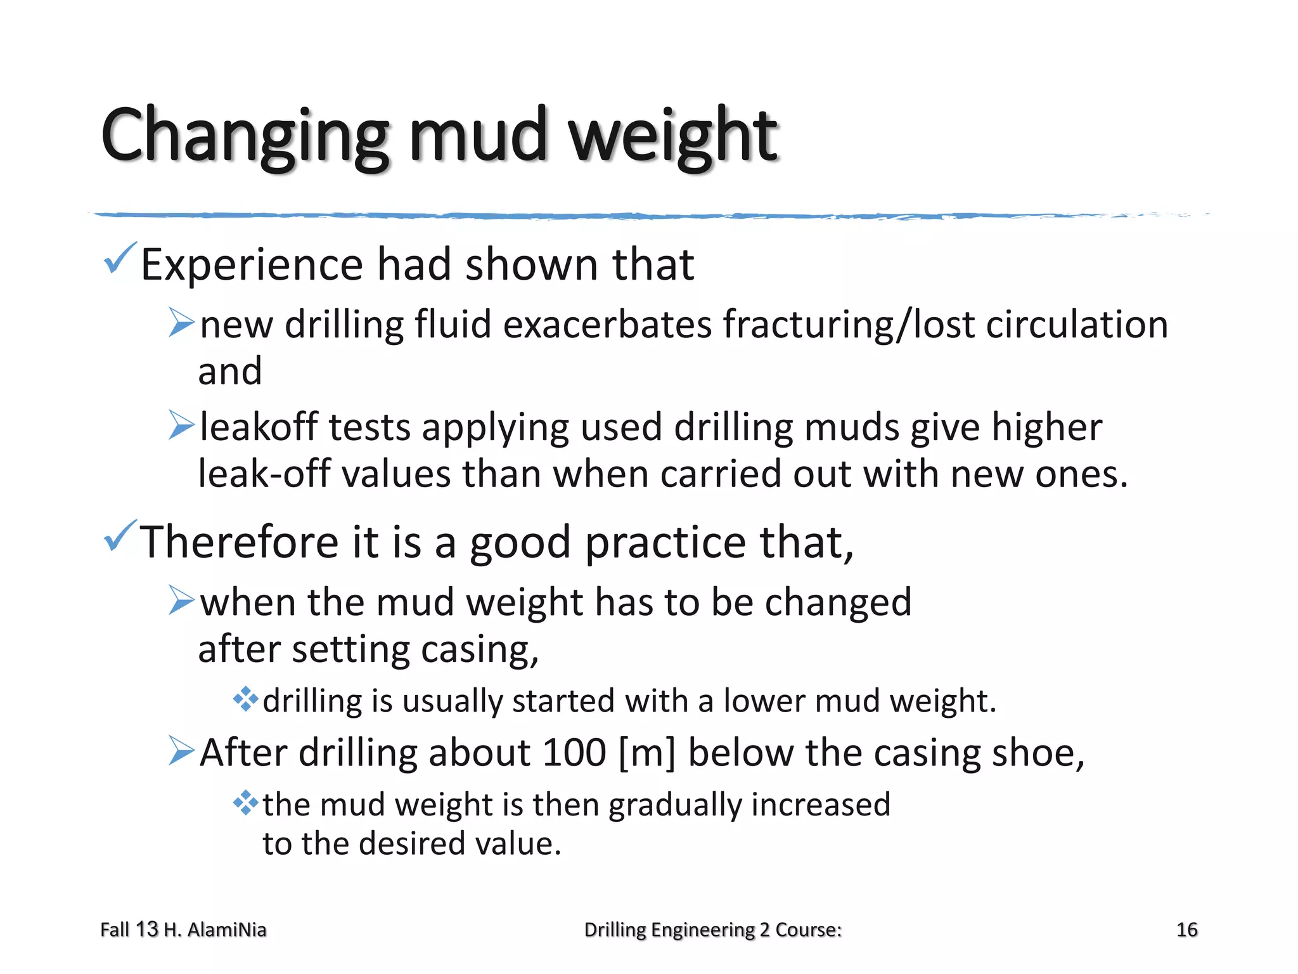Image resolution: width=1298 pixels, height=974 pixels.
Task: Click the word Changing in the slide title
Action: pyautogui.click(x=244, y=136)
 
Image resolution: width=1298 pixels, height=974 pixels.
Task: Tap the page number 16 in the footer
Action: pyautogui.click(x=1186, y=930)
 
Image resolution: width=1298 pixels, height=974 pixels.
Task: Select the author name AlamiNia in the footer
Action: pyautogui.click(x=227, y=930)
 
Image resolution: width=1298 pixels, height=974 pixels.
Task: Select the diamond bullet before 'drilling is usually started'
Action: pyautogui.click(x=245, y=699)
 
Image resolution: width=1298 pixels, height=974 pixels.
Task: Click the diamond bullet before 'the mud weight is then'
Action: pyautogui.click(x=245, y=803)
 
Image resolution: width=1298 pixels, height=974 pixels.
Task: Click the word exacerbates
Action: pyautogui.click(x=608, y=325)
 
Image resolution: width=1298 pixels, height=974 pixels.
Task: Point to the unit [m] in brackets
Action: pyautogui.click(x=647, y=753)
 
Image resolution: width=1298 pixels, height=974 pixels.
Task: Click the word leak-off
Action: pyautogui.click(x=264, y=474)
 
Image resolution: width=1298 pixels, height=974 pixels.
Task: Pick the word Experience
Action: pyautogui.click(x=252, y=265)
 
